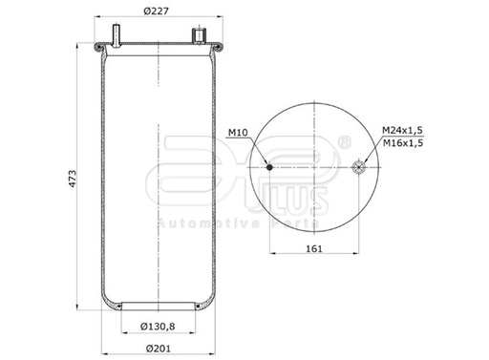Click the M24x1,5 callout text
[x=401, y=129]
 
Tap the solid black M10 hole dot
[x=270, y=167]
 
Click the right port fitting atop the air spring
[x=201, y=35]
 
